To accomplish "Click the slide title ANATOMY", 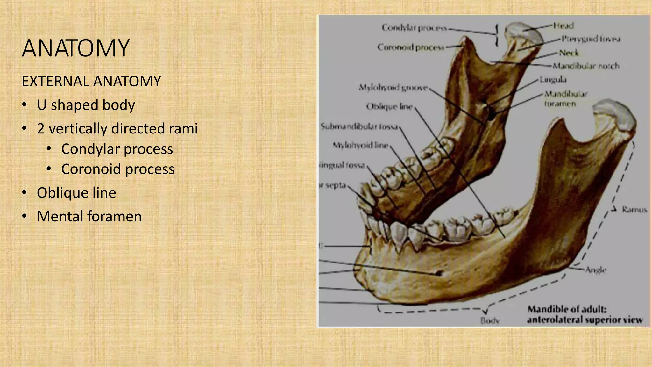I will (76, 48).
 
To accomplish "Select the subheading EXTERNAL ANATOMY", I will (91, 81).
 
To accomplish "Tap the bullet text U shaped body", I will (86, 105).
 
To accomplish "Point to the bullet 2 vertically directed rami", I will (117, 129).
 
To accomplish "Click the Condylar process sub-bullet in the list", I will (117, 149).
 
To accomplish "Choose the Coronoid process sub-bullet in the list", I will (118, 169).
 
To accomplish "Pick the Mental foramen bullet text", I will (89, 216).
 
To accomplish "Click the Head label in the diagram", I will (563, 25).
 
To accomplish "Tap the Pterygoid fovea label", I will (591, 39).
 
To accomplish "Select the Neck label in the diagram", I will (569, 53).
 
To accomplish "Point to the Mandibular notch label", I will (586, 66).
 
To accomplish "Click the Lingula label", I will (553, 79).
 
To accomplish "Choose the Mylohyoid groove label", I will (393, 87).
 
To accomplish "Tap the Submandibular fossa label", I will (359, 126).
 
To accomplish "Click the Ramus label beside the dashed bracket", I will (634, 210).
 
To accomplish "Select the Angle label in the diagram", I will (596, 270).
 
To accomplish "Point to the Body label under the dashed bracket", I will (490, 320).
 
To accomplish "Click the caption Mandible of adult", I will (567, 309).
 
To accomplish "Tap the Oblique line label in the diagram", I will (389, 106).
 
